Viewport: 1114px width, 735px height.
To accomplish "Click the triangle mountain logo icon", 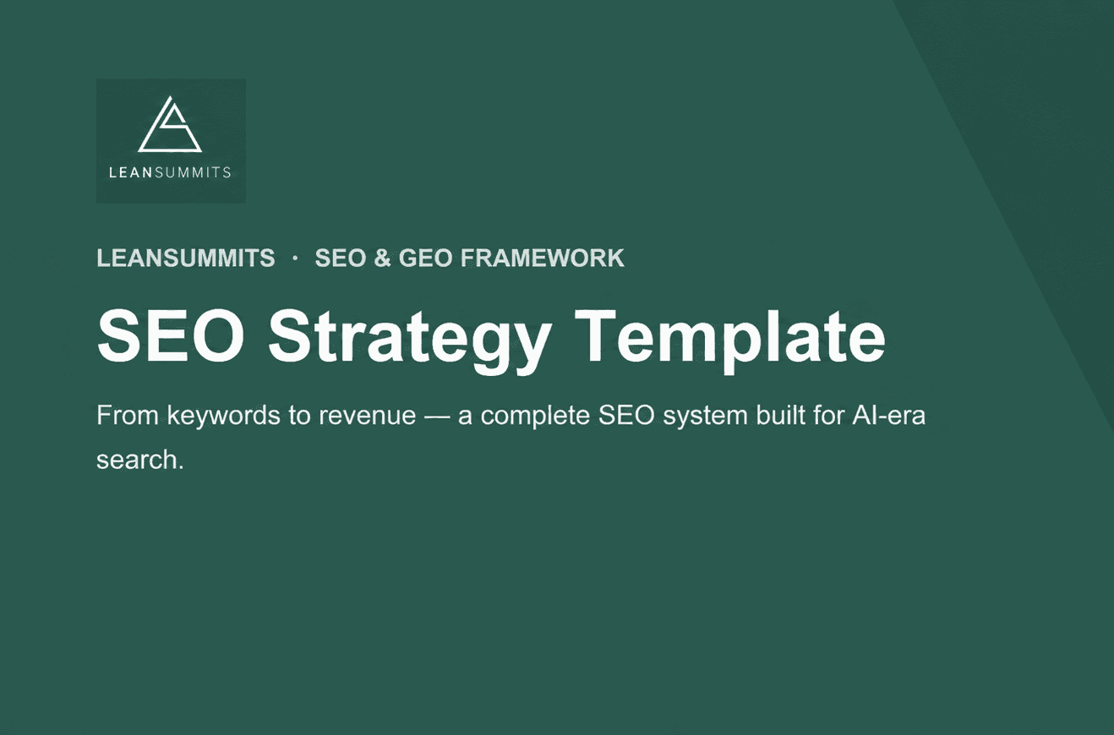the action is [x=170, y=124].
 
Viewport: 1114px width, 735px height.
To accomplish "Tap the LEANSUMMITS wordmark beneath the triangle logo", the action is [x=170, y=172].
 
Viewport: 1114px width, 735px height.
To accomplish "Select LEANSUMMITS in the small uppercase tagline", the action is [x=185, y=258].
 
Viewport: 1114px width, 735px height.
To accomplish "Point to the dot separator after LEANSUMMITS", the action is [x=296, y=258].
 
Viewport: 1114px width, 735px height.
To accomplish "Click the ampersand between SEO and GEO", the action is [x=382, y=258].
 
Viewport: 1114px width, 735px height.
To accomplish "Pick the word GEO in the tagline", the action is [x=426, y=258].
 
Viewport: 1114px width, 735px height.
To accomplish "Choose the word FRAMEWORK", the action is [x=543, y=258].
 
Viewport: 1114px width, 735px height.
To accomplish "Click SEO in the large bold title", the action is [x=171, y=336].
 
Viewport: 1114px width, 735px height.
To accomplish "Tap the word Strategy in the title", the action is [x=410, y=341].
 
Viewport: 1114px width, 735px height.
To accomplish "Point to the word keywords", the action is [x=224, y=416].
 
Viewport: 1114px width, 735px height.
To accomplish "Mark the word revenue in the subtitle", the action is [x=368, y=416].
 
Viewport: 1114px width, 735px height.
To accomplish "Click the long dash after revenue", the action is [x=437, y=416].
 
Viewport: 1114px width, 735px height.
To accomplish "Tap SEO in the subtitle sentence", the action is [x=626, y=416].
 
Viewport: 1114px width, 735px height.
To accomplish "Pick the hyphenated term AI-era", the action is [x=888, y=416].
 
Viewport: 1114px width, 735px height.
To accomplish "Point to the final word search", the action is [x=140, y=460].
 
